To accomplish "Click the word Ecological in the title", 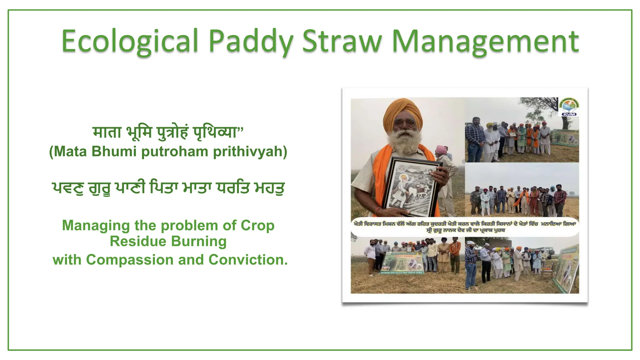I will pos(130,41).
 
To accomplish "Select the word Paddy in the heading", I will pos(251,41).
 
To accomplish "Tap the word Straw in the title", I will pos(342,41).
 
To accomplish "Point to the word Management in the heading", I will pos(485,41).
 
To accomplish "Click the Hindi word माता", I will pos(107,132).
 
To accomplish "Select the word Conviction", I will pos(248,260).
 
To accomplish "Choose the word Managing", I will pos(96,225).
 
